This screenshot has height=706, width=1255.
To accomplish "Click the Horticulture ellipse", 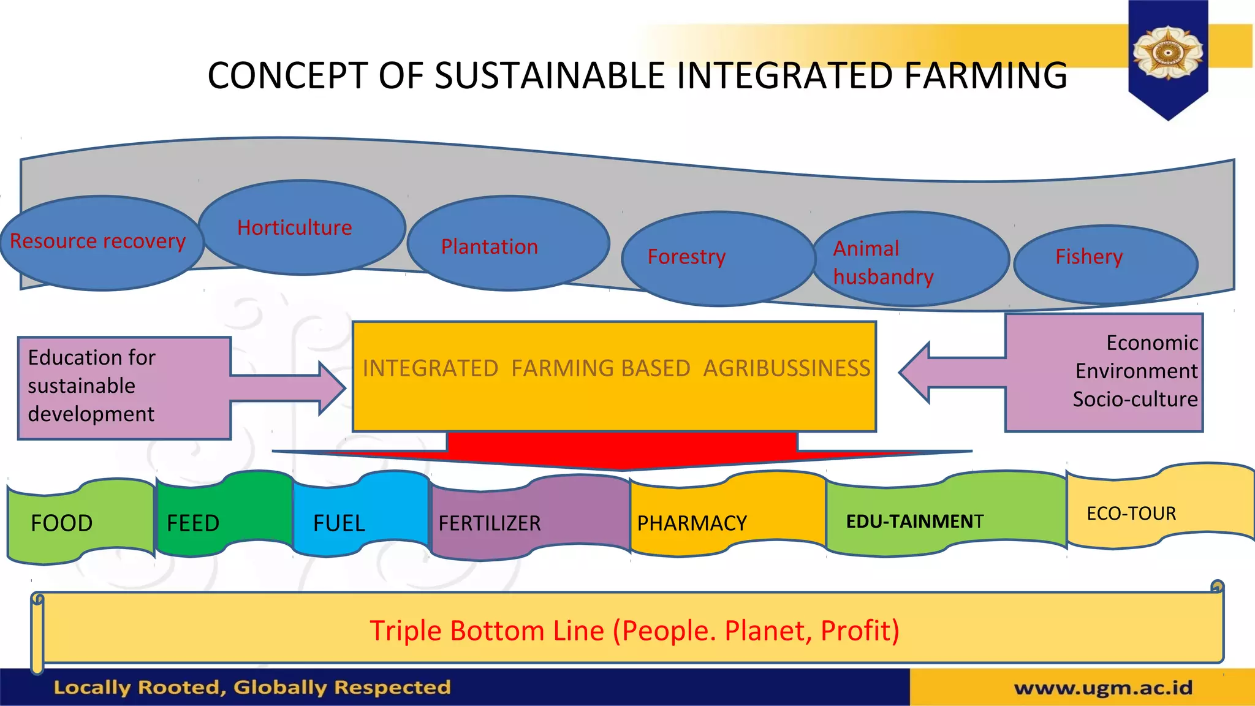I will [301, 227].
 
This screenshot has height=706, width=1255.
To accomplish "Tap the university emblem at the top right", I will [1167, 53].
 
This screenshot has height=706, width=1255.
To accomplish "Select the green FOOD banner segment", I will [80, 522].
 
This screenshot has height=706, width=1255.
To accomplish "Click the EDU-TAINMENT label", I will [914, 522].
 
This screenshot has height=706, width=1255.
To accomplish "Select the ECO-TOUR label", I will [1131, 514].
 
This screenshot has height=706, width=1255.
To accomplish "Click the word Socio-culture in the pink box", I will [1134, 400].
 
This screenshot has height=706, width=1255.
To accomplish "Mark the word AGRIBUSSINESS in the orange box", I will [786, 368].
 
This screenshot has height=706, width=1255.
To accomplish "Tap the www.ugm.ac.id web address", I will [1103, 688].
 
